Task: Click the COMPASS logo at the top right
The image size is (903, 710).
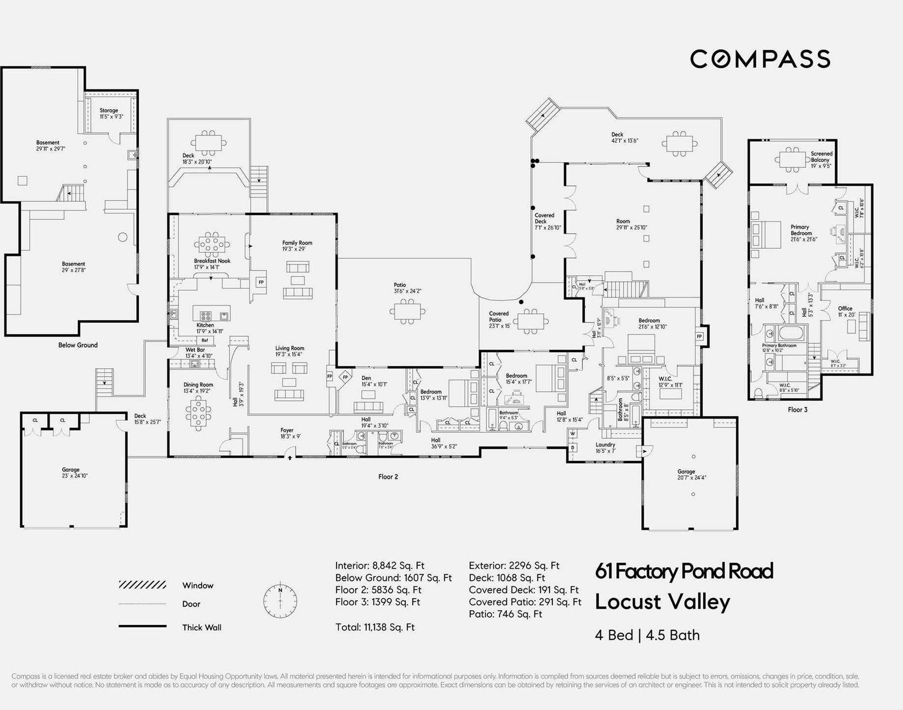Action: point(760,59)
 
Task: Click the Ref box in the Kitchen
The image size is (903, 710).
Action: point(205,340)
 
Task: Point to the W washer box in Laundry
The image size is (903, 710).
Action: point(572,434)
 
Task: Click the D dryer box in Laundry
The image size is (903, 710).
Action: point(572,448)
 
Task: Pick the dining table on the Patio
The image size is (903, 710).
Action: point(407,311)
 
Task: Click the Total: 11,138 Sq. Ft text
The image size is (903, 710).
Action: point(375,627)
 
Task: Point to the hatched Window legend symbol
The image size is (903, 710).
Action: point(142,585)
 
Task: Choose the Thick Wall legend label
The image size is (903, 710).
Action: point(202,627)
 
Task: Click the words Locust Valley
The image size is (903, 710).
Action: point(662,602)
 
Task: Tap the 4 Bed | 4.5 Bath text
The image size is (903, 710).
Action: point(647,635)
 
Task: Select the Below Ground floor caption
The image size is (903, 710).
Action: point(78,345)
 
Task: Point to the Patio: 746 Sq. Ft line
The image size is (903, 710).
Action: point(505,614)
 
